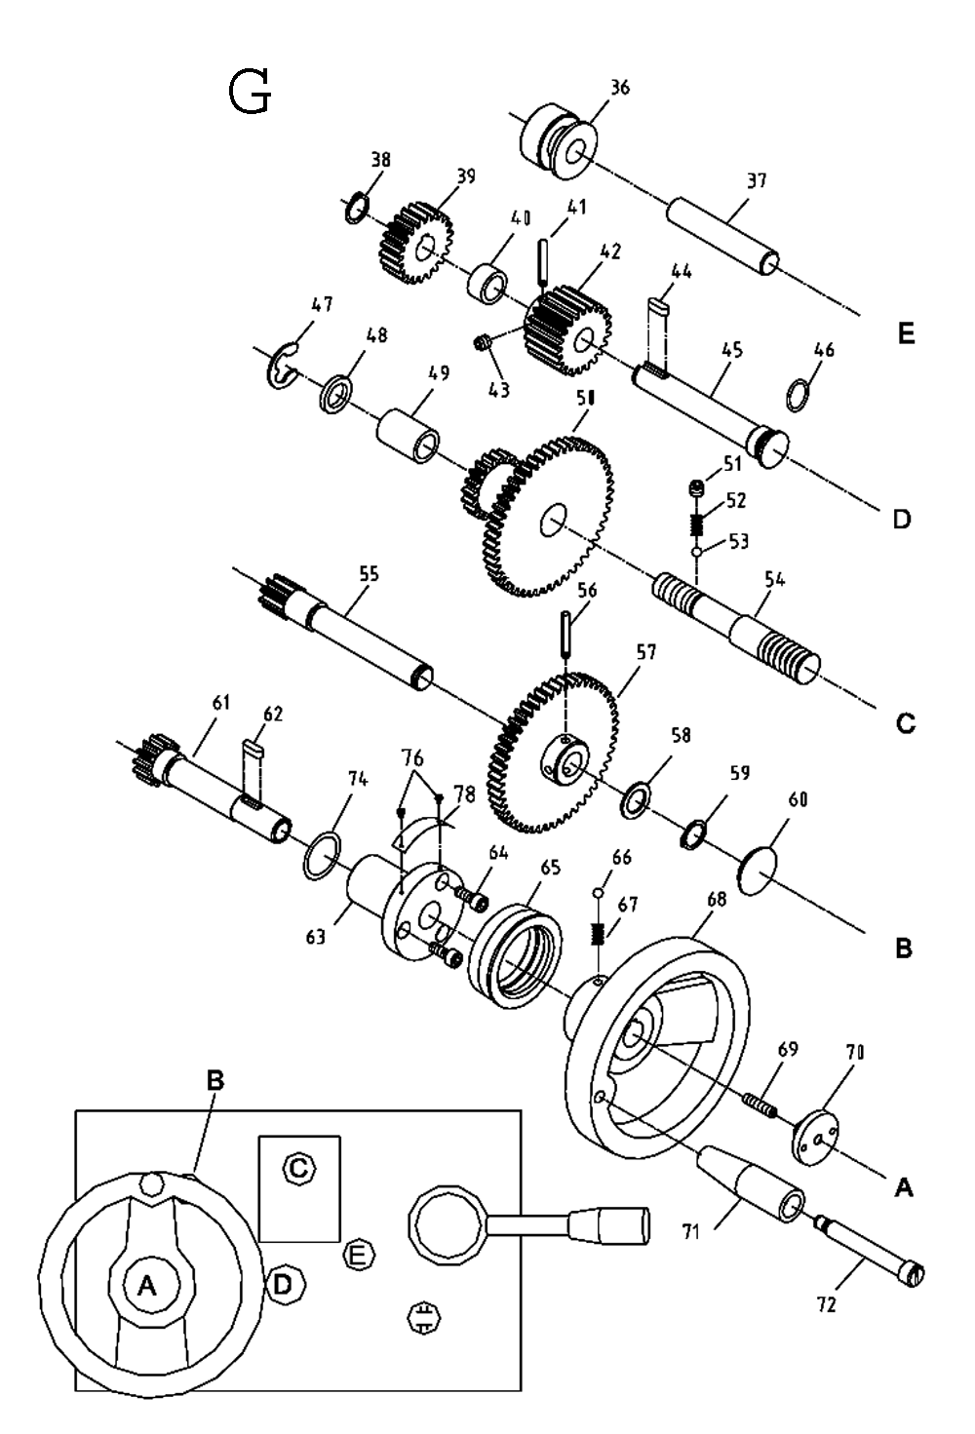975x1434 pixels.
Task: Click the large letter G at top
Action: [250, 94]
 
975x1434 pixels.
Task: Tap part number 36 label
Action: [620, 88]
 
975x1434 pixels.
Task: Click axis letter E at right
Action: [906, 335]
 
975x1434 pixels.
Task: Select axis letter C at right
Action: [905, 723]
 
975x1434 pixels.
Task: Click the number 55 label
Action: [369, 574]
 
